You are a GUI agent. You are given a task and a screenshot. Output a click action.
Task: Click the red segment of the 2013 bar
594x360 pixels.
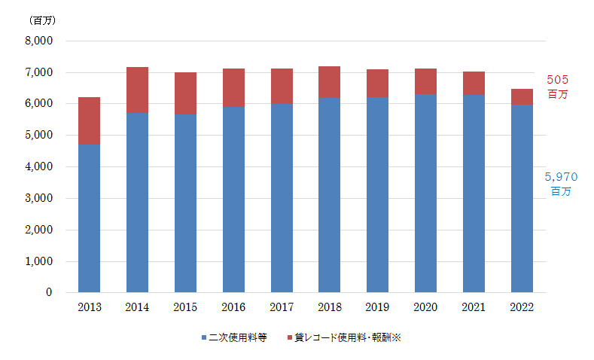(89, 121)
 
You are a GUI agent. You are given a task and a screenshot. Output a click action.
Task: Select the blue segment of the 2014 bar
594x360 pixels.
(137, 202)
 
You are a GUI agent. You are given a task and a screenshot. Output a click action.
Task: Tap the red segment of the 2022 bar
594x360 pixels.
(522, 96)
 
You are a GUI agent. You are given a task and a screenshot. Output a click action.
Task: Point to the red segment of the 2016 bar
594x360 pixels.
(233, 87)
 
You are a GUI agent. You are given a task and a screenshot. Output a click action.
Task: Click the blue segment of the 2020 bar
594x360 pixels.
(425, 193)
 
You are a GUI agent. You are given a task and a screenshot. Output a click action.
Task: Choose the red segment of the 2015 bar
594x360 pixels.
(185, 93)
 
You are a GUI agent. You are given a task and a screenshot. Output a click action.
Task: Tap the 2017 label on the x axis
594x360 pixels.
(282, 307)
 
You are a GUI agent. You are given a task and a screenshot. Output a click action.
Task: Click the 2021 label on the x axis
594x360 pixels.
(474, 307)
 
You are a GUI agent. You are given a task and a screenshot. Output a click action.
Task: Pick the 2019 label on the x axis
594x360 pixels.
(377, 307)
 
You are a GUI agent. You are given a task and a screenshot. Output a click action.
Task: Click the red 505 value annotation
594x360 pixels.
(558, 80)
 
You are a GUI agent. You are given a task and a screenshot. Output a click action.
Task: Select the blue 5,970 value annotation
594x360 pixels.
(562, 177)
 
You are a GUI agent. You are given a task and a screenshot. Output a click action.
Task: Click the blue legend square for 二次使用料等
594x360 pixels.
(204, 338)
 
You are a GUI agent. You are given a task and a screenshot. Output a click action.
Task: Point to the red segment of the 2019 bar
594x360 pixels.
(377, 83)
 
